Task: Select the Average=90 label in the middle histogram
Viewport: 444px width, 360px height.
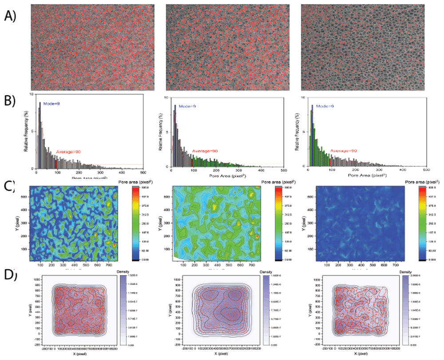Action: click(205, 152)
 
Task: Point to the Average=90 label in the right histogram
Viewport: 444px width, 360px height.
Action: click(345, 151)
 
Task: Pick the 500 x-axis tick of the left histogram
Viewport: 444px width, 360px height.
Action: click(143, 172)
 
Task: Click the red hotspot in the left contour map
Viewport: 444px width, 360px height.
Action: click(114, 245)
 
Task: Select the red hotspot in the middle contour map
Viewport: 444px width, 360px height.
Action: click(257, 236)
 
